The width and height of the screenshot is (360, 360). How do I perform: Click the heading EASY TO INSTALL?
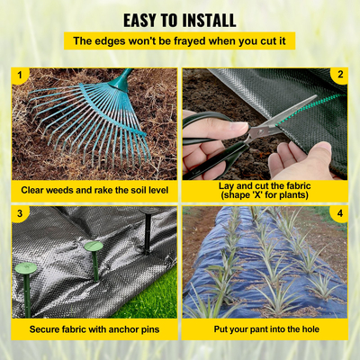(x=180, y=20)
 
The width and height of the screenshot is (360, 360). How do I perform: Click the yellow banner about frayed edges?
(x=180, y=41)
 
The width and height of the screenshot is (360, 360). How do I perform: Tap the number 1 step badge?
(x=19, y=75)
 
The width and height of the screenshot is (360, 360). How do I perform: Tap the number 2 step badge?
(x=340, y=75)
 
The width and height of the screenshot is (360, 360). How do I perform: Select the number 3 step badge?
(x=19, y=213)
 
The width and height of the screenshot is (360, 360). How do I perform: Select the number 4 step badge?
(x=340, y=213)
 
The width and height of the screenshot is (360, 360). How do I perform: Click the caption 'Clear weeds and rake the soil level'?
(x=94, y=191)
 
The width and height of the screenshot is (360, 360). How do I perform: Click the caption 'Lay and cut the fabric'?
(x=265, y=183)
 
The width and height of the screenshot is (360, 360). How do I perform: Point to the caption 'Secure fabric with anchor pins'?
(x=94, y=329)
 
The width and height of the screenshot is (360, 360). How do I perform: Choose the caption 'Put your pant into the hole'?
(x=265, y=329)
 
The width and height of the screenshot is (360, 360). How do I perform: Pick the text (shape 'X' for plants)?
(x=265, y=196)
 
